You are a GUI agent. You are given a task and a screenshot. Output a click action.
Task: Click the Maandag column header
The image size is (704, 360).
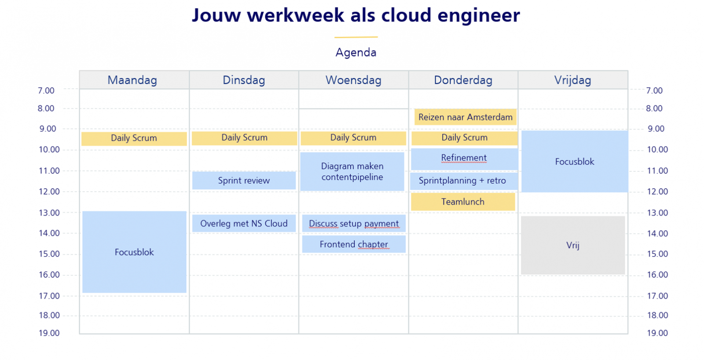pyautogui.click(x=132, y=80)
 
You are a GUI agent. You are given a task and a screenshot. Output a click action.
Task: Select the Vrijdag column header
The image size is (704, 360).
pyautogui.click(x=572, y=80)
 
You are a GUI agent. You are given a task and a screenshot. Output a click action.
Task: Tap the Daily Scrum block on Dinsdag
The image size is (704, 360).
pyautogui.click(x=244, y=138)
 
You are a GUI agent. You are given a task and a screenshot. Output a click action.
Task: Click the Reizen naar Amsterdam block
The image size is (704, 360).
pyautogui.click(x=465, y=117)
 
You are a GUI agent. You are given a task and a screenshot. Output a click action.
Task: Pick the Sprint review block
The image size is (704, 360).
pyautogui.click(x=244, y=180)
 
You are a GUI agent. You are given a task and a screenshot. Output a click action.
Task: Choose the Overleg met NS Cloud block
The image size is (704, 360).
pyautogui.click(x=244, y=224)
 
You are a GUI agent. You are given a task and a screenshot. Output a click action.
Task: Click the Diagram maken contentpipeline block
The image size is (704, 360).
pyautogui.click(x=352, y=172)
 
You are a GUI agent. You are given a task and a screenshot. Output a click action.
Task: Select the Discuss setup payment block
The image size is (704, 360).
pyautogui.click(x=354, y=224)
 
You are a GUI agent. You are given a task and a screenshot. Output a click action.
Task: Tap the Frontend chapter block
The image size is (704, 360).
pyautogui.click(x=354, y=244)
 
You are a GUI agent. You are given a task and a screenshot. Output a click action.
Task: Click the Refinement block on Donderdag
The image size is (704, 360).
pyautogui.click(x=464, y=158)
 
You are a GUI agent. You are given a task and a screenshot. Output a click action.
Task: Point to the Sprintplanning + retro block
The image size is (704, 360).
pyautogui.click(x=462, y=181)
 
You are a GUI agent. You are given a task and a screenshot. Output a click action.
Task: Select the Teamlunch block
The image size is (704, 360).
pyautogui.click(x=463, y=202)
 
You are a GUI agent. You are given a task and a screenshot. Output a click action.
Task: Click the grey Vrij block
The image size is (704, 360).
pyautogui.click(x=573, y=245)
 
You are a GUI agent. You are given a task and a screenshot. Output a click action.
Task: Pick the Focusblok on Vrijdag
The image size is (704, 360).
pyautogui.click(x=575, y=162)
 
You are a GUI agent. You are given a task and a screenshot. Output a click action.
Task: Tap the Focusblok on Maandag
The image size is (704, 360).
pyautogui.click(x=134, y=252)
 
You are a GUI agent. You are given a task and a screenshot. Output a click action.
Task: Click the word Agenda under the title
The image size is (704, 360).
pyautogui.click(x=356, y=52)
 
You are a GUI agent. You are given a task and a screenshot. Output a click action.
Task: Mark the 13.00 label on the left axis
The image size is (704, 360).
pyautogui.click(x=49, y=213)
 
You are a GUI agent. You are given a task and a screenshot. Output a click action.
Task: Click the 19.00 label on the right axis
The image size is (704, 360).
pyautogui.click(x=657, y=333)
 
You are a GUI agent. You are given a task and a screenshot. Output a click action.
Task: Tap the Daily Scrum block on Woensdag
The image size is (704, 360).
pyautogui.click(x=353, y=138)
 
